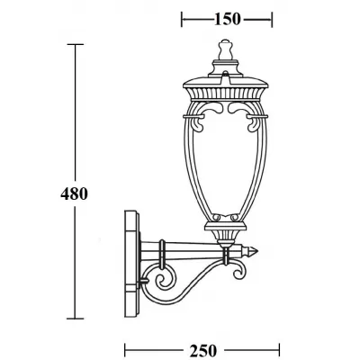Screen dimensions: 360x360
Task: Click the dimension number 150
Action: pos(226,18)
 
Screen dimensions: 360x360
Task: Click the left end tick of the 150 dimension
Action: pos(182,18)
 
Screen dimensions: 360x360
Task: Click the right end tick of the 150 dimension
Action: pos(271,18)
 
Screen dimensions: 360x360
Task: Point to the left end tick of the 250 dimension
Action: pos(123,347)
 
